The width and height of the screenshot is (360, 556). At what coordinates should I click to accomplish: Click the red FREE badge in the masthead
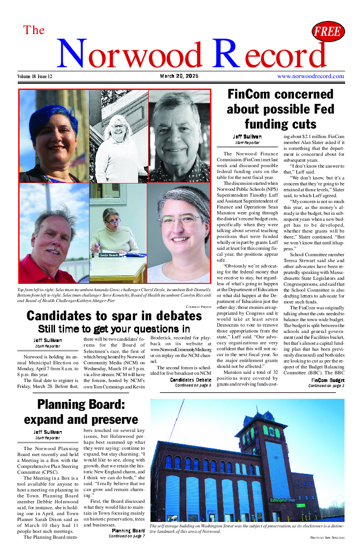(x=328, y=32)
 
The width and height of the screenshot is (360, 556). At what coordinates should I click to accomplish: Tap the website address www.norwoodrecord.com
(x=310, y=76)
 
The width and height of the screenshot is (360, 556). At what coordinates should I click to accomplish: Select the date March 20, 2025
(x=179, y=76)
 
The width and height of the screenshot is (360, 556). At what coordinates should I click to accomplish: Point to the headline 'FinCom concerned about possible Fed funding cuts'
(x=280, y=109)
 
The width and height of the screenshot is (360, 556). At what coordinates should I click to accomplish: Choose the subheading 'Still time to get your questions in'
(x=114, y=328)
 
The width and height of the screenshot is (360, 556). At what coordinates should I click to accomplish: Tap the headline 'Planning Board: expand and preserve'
(x=81, y=411)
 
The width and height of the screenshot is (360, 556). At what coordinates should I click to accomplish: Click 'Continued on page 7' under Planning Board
(x=127, y=536)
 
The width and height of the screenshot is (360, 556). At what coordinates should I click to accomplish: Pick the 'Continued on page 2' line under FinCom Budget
(x=326, y=386)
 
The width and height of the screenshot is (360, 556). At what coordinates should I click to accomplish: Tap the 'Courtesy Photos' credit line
(x=199, y=307)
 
